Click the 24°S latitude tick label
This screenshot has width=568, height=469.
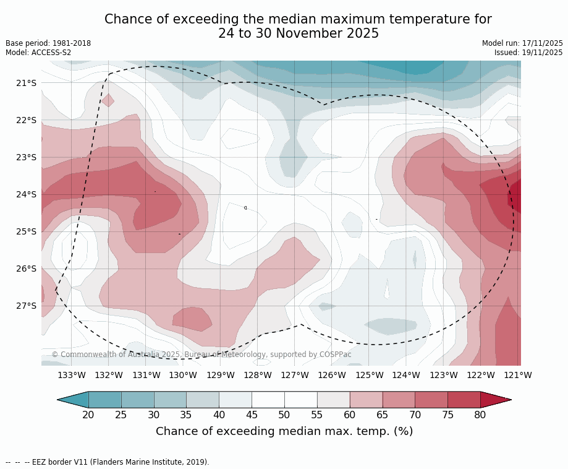[26, 194]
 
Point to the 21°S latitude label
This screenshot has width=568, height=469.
[26, 83]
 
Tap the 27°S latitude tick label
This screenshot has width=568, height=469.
[26, 306]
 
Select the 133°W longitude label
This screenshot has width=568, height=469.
[72, 375]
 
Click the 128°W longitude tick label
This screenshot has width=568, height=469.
[258, 375]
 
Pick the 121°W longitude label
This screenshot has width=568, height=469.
[518, 375]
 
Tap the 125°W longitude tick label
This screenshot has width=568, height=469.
[369, 375]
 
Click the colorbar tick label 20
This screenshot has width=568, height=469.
[88, 415]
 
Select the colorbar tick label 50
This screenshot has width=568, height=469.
[284, 415]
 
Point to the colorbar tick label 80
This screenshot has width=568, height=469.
[480, 415]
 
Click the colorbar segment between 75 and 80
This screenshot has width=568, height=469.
[464, 400]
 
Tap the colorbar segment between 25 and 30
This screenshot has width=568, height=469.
[137, 400]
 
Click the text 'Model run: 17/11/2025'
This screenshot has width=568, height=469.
[522, 43]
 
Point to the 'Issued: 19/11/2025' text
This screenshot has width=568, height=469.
[528, 53]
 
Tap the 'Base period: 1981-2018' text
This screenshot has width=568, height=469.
[48, 43]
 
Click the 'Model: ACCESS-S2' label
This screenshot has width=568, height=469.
[38, 53]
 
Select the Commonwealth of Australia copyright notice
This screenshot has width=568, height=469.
[201, 355]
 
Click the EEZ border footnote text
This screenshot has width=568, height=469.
[107, 462]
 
